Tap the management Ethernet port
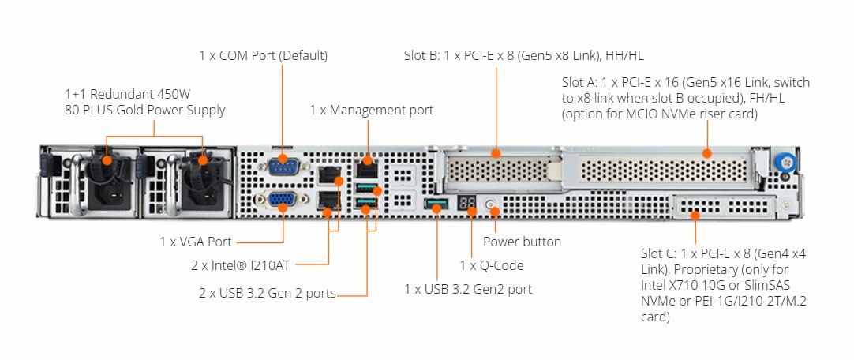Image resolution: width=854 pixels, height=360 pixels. point(365,168)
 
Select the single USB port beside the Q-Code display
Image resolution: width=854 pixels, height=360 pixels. point(436,206)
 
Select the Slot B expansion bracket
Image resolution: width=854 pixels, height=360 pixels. point(501,170)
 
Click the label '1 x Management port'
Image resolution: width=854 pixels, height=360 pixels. point(371,110)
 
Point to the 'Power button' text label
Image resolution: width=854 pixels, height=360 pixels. point(522,242)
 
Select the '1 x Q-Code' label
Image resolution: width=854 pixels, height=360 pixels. point(491,265)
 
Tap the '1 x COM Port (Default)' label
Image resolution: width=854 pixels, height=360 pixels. point(263,55)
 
